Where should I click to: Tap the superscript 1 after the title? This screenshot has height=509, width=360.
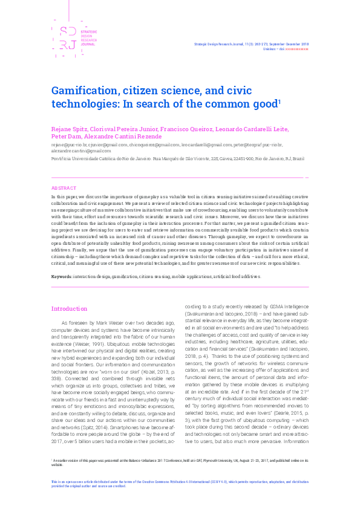pos(280,102)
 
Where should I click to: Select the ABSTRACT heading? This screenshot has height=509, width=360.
pos(64,189)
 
